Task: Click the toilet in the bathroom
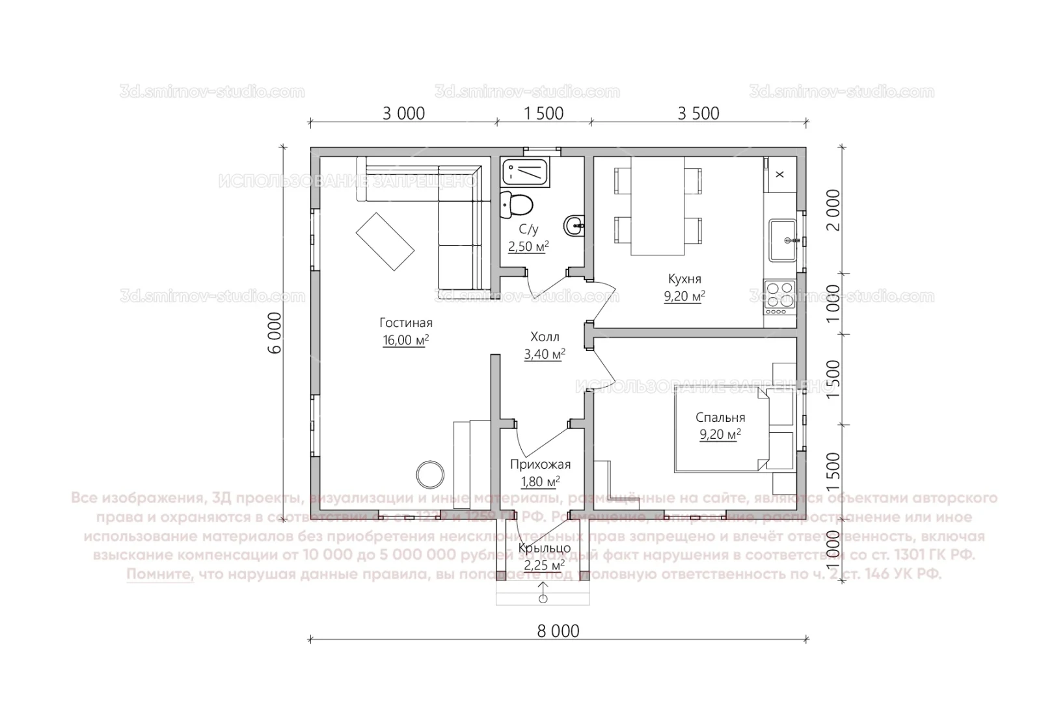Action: pyautogui.click(x=517, y=205)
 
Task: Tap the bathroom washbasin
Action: pyautogui.click(x=574, y=227)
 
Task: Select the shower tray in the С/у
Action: pyautogui.click(x=526, y=172)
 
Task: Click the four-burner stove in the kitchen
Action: pyautogui.click(x=779, y=297)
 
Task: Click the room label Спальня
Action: pyautogui.click(x=720, y=418)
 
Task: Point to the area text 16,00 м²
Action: pyautogui.click(x=405, y=340)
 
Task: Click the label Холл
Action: pyautogui.click(x=545, y=337)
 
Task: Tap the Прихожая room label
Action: pyautogui.click(x=540, y=464)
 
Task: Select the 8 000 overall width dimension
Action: pyautogui.click(x=558, y=630)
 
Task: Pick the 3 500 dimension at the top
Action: pyautogui.click(x=698, y=113)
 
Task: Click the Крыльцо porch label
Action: pyautogui.click(x=545, y=548)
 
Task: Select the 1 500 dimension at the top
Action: pyautogui.click(x=543, y=113)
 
